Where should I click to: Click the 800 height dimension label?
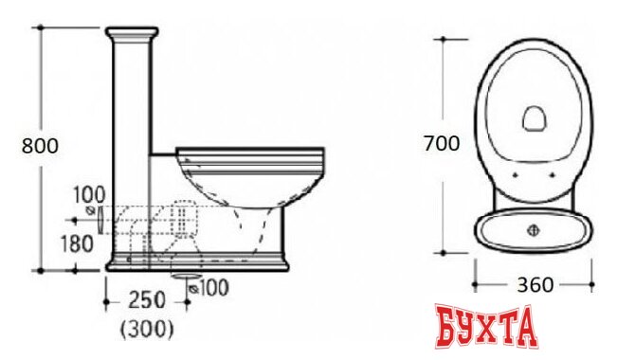click(40, 146)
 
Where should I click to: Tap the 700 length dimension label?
click(442, 143)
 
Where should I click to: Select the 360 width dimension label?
click(535, 285)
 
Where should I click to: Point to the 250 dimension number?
click(147, 300)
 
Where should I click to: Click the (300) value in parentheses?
click(146, 329)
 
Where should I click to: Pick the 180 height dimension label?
click(77, 243)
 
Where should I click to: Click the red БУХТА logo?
click(486, 326)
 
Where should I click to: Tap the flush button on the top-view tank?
click(534, 230)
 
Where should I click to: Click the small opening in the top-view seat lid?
click(534, 118)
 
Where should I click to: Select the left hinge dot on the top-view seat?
click(516, 175)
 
